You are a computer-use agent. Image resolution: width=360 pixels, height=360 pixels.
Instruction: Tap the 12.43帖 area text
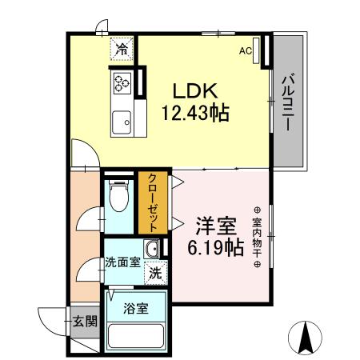(198, 113)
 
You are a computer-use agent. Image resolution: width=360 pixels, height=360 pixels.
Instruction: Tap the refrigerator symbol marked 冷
(122, 49)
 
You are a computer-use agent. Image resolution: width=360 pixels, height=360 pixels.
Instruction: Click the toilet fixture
(119, 195)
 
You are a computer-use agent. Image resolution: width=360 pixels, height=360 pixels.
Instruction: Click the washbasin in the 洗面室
(153, 249)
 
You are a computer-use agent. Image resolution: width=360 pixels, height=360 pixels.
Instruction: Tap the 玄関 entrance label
(85, 322)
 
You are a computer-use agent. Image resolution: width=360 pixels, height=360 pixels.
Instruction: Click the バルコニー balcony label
(286, 102)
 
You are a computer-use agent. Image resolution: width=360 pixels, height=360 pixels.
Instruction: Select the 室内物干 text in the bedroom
(258, 232)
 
